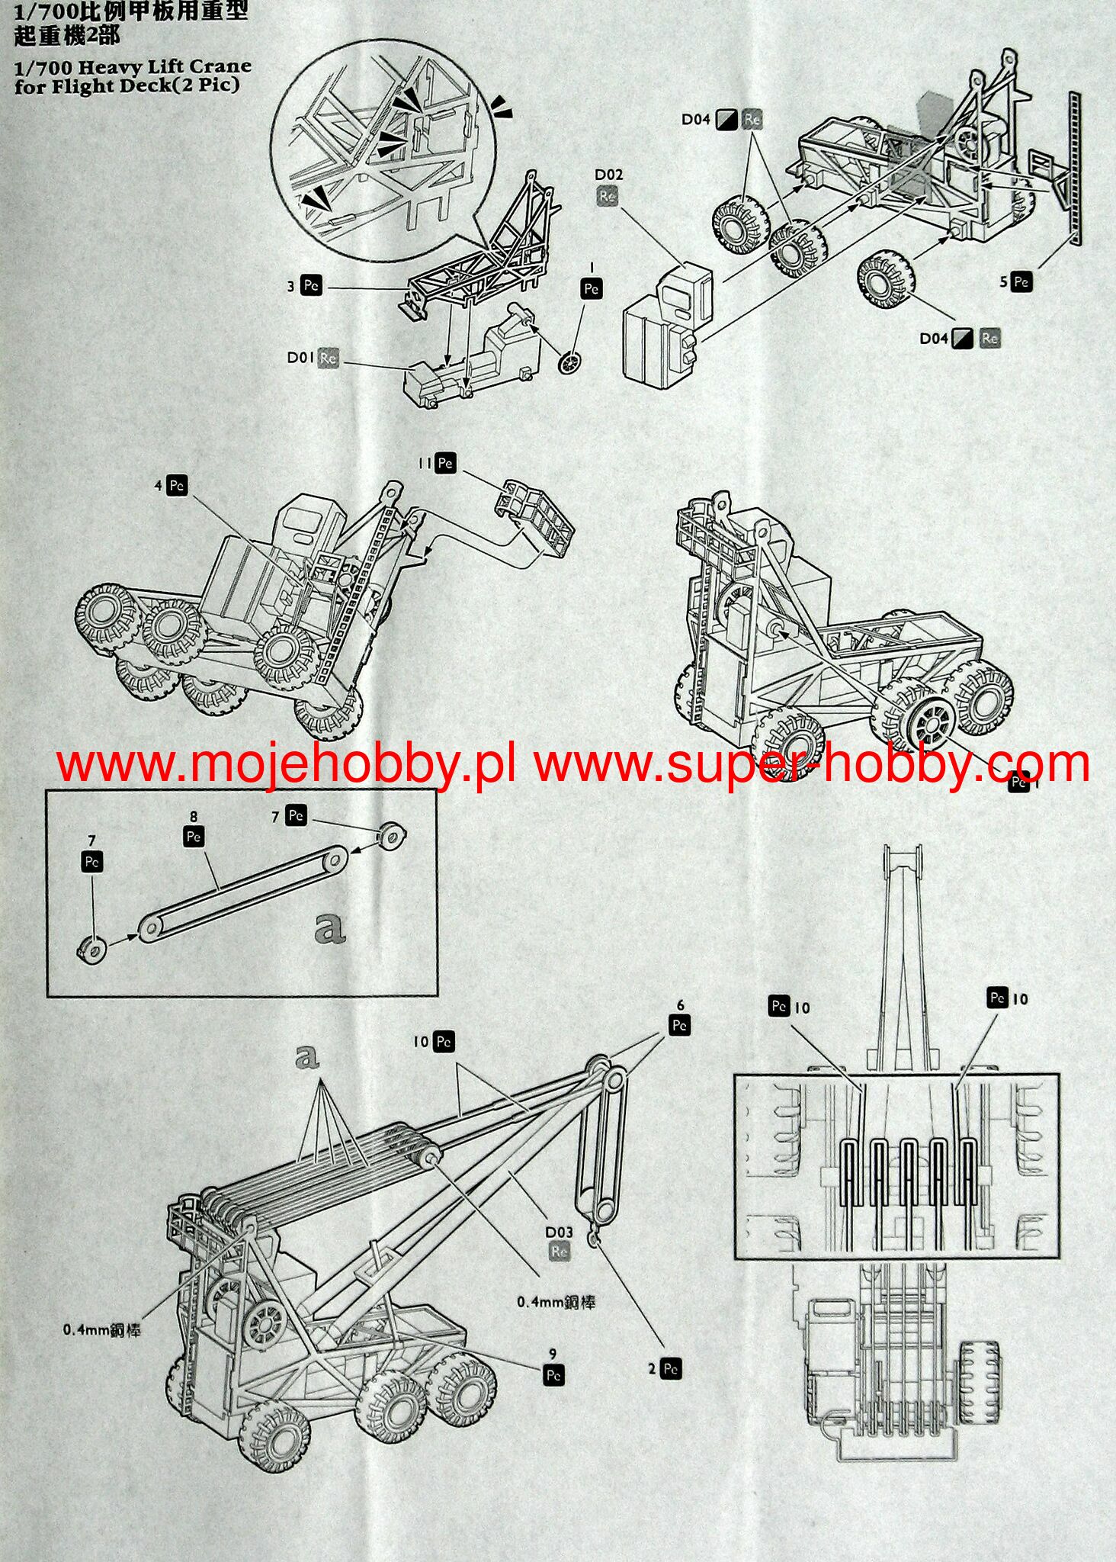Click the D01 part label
pos(302,357)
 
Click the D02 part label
pos(608,175)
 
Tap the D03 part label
pos(558,1232)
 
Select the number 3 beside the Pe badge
pos(290,287)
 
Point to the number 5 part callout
pos(1005,282)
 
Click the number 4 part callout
pos(159,486)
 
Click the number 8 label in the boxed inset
pos(194,817)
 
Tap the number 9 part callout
pos(553,1354)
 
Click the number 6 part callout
pos(680,1006)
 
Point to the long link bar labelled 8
pos(242,891)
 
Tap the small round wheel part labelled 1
pos(569,363)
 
